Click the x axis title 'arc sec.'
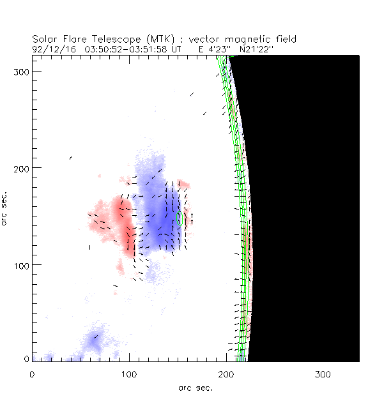point(195,388)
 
